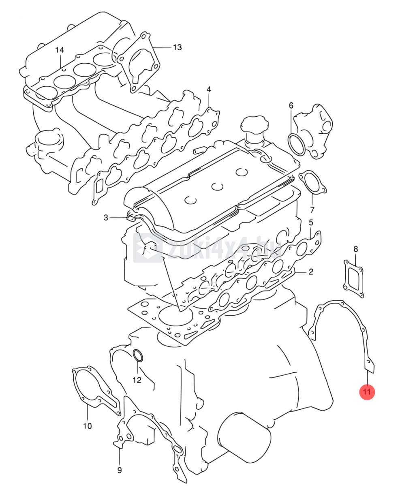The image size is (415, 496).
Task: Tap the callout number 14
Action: [60, 50]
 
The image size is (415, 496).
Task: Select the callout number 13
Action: [177, 47]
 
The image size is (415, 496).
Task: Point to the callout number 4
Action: [209, 90]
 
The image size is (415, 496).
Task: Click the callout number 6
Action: [291, 105]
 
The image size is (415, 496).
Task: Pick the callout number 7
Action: [312, 210]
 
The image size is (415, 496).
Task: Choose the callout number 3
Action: [106, 217]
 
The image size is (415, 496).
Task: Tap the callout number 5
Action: [311, 222]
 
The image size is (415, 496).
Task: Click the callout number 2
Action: [311, 272]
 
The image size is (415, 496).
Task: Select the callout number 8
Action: [355, 249]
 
